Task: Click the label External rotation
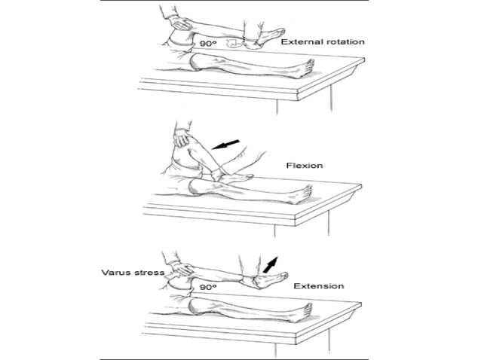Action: pyautogui.click(x=322, y=41)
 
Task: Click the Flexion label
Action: pyautogui.click(x=304, y=164)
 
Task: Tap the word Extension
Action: pyautogui.click(x=319, y=286)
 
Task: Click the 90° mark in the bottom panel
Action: pyautogui.click(x=209, y=287)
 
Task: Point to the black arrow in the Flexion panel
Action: pyautogui.click(x=226, y=144)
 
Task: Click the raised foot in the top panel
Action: pyautogui.click(x=268, y=36)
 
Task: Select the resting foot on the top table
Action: pyautogui.click(x=302, y=70)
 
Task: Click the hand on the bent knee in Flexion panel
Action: pyautogui.click(x=182, y=138)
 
